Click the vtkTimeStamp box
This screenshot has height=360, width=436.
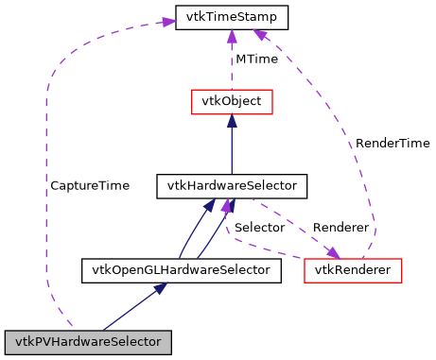[232, 17]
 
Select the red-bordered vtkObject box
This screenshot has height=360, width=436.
[232, 100]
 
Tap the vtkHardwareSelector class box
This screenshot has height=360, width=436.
[232, 185]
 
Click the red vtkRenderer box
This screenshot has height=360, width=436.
[353, 270]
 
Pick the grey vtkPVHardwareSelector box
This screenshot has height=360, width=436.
[88, 339]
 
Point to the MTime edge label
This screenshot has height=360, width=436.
[256, 59]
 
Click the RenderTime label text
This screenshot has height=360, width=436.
[392, 143]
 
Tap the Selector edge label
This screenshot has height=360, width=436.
[259, 228]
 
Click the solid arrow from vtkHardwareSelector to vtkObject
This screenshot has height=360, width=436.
[232, 146]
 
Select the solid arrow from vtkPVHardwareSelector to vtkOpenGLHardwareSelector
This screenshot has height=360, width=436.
[133, 306]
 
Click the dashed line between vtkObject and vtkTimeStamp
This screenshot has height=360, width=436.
[232, 66]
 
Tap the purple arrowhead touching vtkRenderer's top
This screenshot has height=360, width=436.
[332, 252]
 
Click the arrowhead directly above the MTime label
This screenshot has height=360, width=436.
[232, 37]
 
